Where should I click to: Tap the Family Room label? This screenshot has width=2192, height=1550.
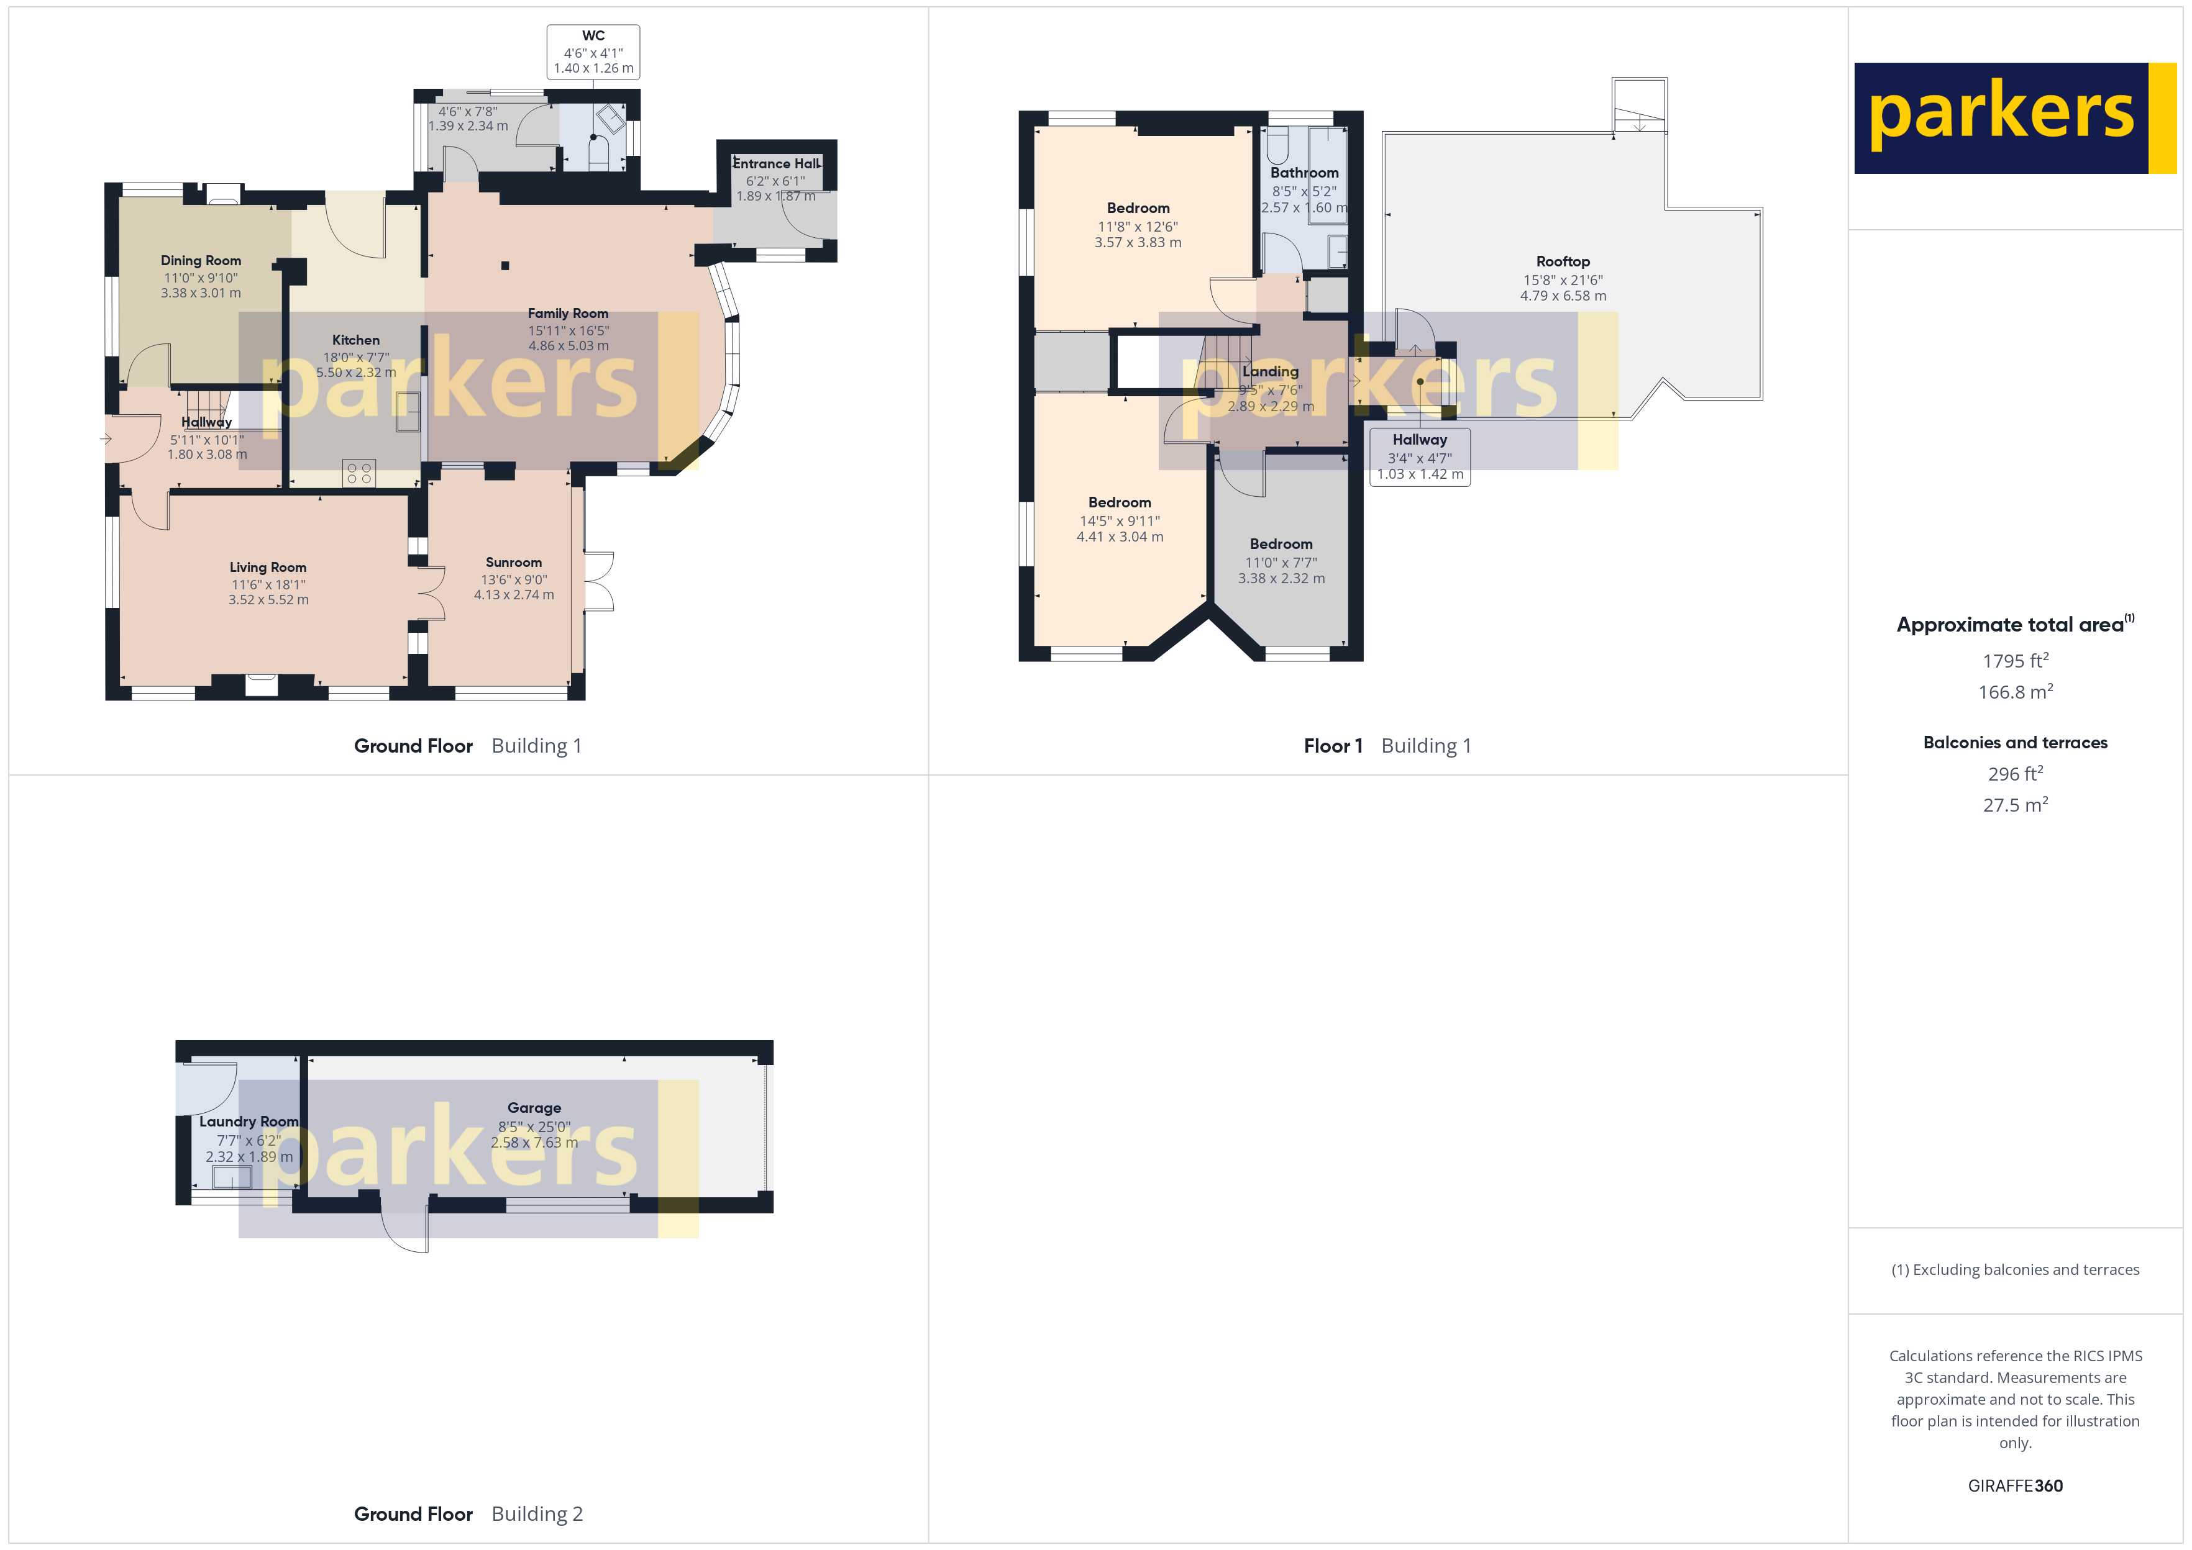tap(568, 313)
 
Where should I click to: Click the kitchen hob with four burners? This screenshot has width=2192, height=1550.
tap(359, 473)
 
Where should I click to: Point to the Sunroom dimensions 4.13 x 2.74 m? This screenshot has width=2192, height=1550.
tap(514, 595)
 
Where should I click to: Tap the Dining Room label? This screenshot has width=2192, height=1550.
tap(201, 261)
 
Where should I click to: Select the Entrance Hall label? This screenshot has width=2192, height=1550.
tap(776, 163)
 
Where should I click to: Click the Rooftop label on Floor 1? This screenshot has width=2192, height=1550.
tap(1563, 261)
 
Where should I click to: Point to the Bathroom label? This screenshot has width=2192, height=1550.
tap(1304, 173)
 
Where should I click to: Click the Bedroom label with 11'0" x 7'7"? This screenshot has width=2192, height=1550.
tap(1281, 544)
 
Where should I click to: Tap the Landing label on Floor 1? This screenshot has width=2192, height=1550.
tap(1270, 371)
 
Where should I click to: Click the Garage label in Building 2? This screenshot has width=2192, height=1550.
tap(534, 1108)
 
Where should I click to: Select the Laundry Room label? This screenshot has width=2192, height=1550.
tap(249, 1122)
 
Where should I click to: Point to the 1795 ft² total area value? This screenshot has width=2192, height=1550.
tap(2014, 661)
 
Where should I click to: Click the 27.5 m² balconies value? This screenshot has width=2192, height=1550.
tap(2014, 805)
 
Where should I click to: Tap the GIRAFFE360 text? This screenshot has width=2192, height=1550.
tap(2014, 1486)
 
